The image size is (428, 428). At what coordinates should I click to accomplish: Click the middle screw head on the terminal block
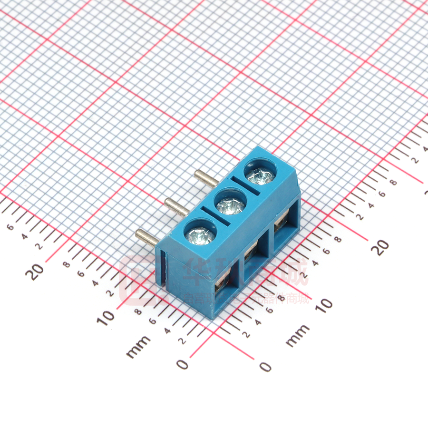point(231,205)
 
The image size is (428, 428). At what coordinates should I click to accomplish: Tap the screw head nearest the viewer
point(201,234)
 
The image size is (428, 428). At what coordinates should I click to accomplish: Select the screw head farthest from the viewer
point(260,176)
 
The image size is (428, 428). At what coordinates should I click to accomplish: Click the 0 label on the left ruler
point(183,364)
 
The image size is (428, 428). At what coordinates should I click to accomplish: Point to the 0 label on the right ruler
point(266,366)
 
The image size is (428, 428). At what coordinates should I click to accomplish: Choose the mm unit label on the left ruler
point(138,347)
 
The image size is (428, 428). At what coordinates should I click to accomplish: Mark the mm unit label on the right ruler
point(298,336)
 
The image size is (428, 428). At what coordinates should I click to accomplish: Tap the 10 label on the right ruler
point(323,304)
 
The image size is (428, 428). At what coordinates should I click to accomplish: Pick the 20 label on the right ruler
point(380,246)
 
